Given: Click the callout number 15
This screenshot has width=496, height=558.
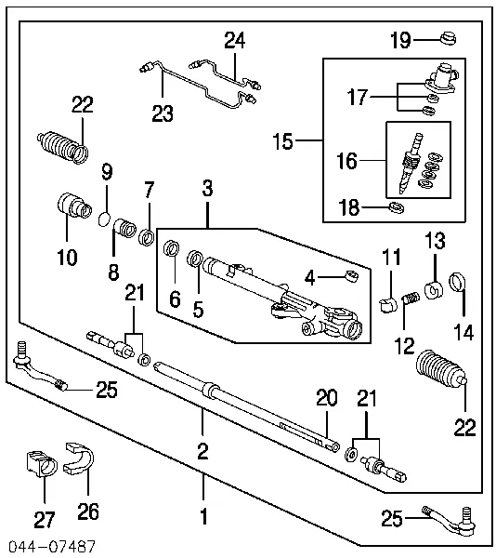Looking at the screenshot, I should pyautogui.click(x=283, y=142).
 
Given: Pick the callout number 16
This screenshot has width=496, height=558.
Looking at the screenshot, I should pyautogui.click(x=346, y=161).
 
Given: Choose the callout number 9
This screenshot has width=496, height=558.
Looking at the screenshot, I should pyautogui.click(x=107, y=171).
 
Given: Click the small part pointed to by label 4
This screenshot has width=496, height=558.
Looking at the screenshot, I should pyautogui.click(x=351, y=275).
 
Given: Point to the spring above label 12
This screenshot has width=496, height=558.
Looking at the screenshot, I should pyautogui.click(x=405, y=300).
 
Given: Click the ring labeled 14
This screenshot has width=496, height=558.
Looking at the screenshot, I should pyautogui.click(x=457, y=282).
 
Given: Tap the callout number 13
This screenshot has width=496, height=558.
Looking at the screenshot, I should pyautogui.click(x=436, y=242).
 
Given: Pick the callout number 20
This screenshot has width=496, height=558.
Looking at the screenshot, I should pyautogui.click(x=324, y=398).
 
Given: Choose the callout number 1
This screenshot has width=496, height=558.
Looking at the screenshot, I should pyautogui.click(x=204, y=513).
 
